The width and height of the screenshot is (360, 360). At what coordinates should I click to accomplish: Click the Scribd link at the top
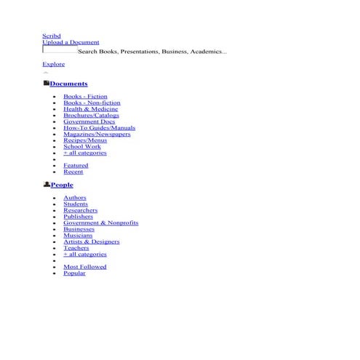coord(51,36)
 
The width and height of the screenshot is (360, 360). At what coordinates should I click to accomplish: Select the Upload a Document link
coord(71,42)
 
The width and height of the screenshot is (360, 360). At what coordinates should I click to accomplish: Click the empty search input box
coord(60,51)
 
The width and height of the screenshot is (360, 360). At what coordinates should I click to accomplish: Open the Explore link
coord(53,64)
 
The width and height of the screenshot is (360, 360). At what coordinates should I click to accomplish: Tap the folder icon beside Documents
coord(46,84)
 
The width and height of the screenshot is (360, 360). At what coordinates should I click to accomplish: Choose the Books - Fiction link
coord(85,97)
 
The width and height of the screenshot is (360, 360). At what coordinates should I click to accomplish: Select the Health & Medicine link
coord(90,109)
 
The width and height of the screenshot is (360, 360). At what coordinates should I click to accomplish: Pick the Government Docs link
coord(89,121)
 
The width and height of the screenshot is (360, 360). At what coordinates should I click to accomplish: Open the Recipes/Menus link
coord(85,140)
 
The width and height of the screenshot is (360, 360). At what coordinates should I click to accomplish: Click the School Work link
coord(82,146)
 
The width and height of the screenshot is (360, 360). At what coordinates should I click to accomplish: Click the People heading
coord(62,185)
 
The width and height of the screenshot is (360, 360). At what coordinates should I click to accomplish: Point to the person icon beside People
coord(46,185)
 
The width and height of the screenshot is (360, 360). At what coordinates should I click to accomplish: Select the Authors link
coord(75,198)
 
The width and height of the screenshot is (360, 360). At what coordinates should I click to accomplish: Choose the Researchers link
coord(80,210)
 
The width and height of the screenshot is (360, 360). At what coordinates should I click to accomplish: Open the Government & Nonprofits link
coord(100,223)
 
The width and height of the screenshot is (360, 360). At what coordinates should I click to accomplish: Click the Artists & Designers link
coord(91,241)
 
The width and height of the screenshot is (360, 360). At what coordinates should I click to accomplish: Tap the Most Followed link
coord(84,267)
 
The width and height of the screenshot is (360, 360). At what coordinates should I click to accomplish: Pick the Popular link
coord(74,273)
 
